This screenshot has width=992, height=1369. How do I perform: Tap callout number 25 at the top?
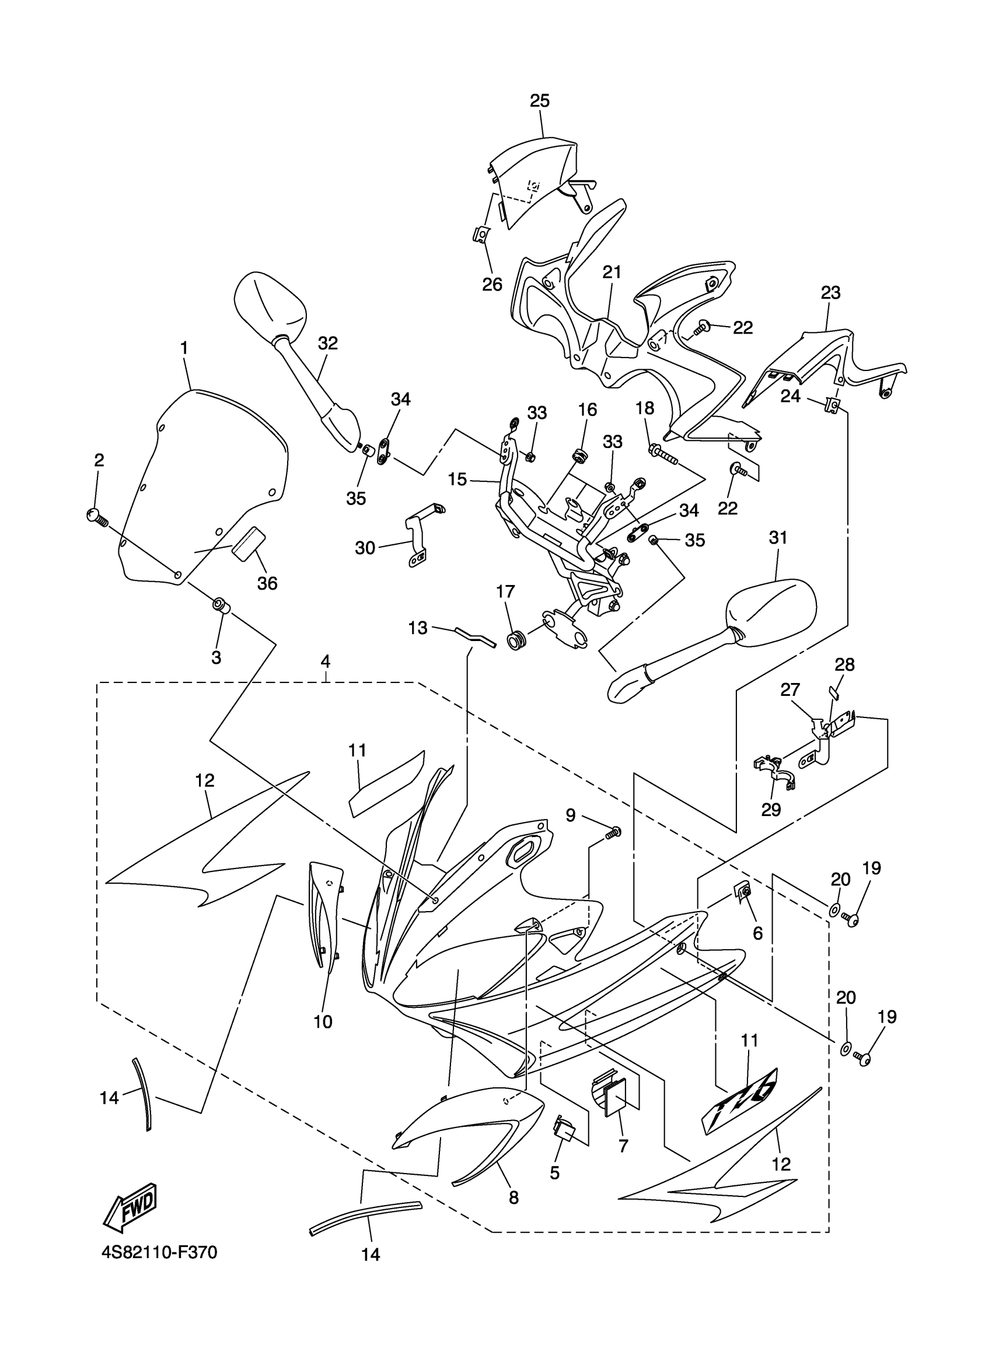(540, 101)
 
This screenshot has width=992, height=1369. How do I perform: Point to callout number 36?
(267, 583)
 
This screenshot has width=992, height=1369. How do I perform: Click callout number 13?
(418, 628)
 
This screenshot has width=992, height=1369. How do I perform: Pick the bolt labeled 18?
(663, 453)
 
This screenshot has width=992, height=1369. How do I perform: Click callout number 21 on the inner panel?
(612, 272)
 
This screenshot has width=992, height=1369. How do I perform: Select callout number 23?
(831, 293)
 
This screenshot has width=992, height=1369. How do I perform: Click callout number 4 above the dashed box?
(326, 661)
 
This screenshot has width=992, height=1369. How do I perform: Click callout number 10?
(324, 1021)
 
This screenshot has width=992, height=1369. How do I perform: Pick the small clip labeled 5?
(563, 1127)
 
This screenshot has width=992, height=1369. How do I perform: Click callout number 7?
(623, 1144)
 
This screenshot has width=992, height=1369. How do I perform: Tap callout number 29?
(771, 810)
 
